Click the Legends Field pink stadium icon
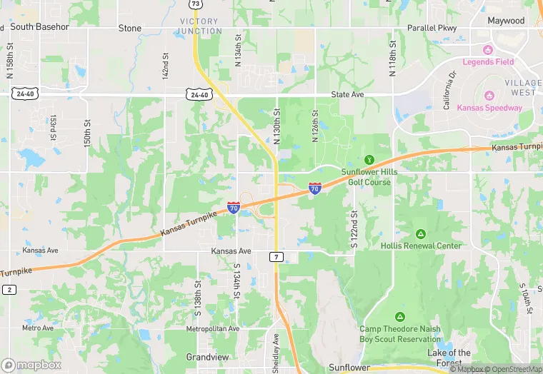pos(488,50)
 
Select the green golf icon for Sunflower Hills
pos(369,159)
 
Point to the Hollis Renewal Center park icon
pos(420,234)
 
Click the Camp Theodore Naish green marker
pos(399,316)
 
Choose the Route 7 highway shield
pos(276,256)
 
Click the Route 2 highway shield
pos(9,289)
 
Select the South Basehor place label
pos(40,27)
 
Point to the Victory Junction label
pos(200,26)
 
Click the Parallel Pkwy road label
pos(432,29)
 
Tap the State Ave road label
pos(348,94)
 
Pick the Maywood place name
pos(506,21)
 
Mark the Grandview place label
pos(206,356)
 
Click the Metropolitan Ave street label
pos(212,329)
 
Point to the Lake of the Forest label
pos(449,358)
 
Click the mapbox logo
pos(32,365)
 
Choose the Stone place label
pos(130,29)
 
